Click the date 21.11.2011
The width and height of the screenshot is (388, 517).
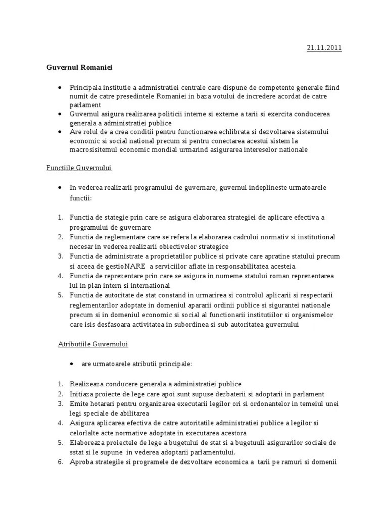tap(324, 48)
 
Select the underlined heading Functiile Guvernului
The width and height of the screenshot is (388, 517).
tap(79, 168)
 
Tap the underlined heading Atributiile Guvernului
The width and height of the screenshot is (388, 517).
tap(93, 344)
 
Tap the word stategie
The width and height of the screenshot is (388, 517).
tap(117, 217)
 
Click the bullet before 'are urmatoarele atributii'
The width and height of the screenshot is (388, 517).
tap(73, 364)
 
